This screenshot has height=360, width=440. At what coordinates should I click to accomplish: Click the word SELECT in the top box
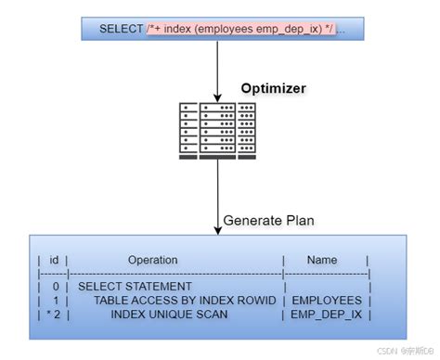click(x=122, y=29)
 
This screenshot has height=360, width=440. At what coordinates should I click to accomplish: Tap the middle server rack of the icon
click(x=219, y=129)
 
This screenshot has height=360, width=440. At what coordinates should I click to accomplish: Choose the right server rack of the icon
click(x=247, y=130)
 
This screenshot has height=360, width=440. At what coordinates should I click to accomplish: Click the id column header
click(x=54, y=261)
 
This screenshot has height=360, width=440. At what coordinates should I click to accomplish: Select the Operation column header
click(x=152, y=261)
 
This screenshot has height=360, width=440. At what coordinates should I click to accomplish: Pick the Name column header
click(x=322, y=261)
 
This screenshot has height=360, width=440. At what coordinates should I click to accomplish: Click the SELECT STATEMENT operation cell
click(x=135, y=288)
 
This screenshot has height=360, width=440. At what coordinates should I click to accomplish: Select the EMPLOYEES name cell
click(x=327, y=302)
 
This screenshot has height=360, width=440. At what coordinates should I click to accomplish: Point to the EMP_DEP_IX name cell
click(x=327, y=315)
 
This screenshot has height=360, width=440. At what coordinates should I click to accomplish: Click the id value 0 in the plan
click(x=56, y=288)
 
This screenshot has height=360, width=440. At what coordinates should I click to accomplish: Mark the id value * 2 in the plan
click(x=52, y=315)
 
